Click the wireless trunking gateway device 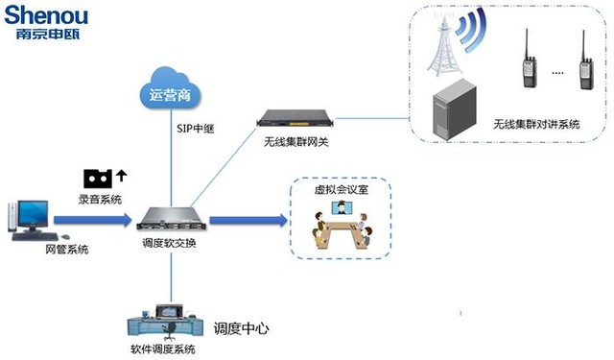[297, 119]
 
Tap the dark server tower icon [456, 108]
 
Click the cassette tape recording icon [98, 178]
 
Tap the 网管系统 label [68, 250]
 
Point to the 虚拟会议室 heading [341, 191]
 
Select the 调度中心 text [240, 328]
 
